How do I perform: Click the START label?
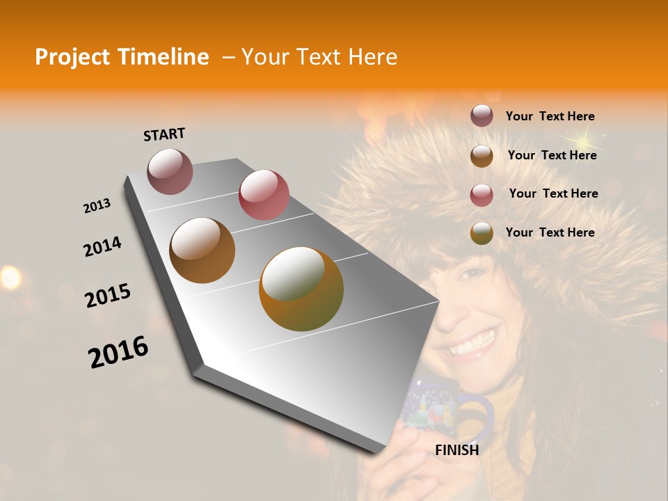tap(164, 134)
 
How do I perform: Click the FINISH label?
tap(457, 450)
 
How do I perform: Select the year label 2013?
tap(97, 206)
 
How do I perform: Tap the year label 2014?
tap(102, 246)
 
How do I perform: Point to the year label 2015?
tap(108, 296)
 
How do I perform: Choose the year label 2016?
tap(118, 351)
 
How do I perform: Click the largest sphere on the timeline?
tap(301, 289)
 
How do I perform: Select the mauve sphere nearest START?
tap(170, 171)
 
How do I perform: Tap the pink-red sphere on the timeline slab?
tap(264, 195)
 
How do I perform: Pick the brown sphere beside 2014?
tap(202, 250)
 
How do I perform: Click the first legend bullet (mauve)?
tap(482, 116)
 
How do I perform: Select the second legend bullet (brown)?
tap(482, 155)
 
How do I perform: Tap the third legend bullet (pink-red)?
tap(482, 194)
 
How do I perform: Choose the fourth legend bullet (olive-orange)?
tap(482, 233)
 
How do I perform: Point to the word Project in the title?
tap(72, 57)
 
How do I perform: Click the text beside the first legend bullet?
tap(550, 116)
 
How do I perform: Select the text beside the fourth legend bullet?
tap(550, 232)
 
